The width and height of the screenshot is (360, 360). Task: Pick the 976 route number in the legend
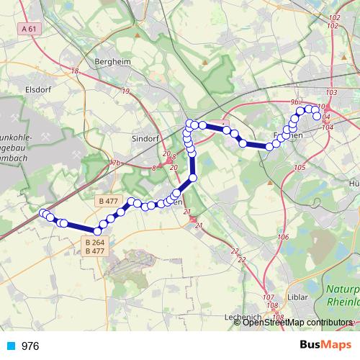click(31, 346)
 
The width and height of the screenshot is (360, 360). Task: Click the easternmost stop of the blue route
click(317, 117)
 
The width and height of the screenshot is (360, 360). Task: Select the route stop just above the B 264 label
click(97, 231)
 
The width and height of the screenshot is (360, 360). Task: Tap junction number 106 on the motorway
click(283, 237)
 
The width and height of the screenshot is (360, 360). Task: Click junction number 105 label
click(300, 168)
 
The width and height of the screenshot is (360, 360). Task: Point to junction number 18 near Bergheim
click(75, 71)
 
